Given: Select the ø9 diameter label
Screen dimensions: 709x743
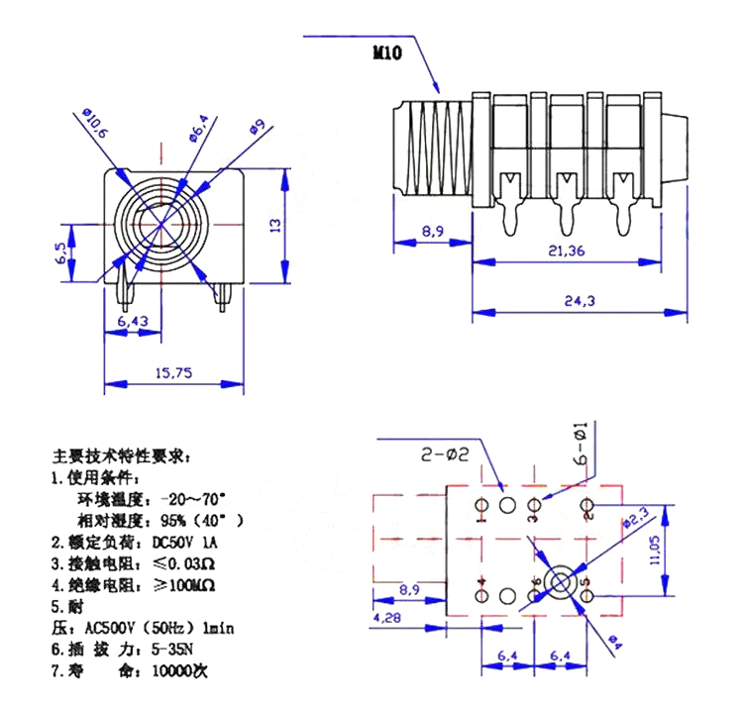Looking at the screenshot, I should tap(256, 127).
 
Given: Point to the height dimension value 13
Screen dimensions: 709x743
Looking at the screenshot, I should tap(276, 224).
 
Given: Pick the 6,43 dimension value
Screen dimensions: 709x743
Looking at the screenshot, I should tap(132, 322).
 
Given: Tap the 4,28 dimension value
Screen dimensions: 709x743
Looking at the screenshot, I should tap(387, 618).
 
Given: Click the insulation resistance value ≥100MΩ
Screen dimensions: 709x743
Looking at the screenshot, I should tap(188, 585).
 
